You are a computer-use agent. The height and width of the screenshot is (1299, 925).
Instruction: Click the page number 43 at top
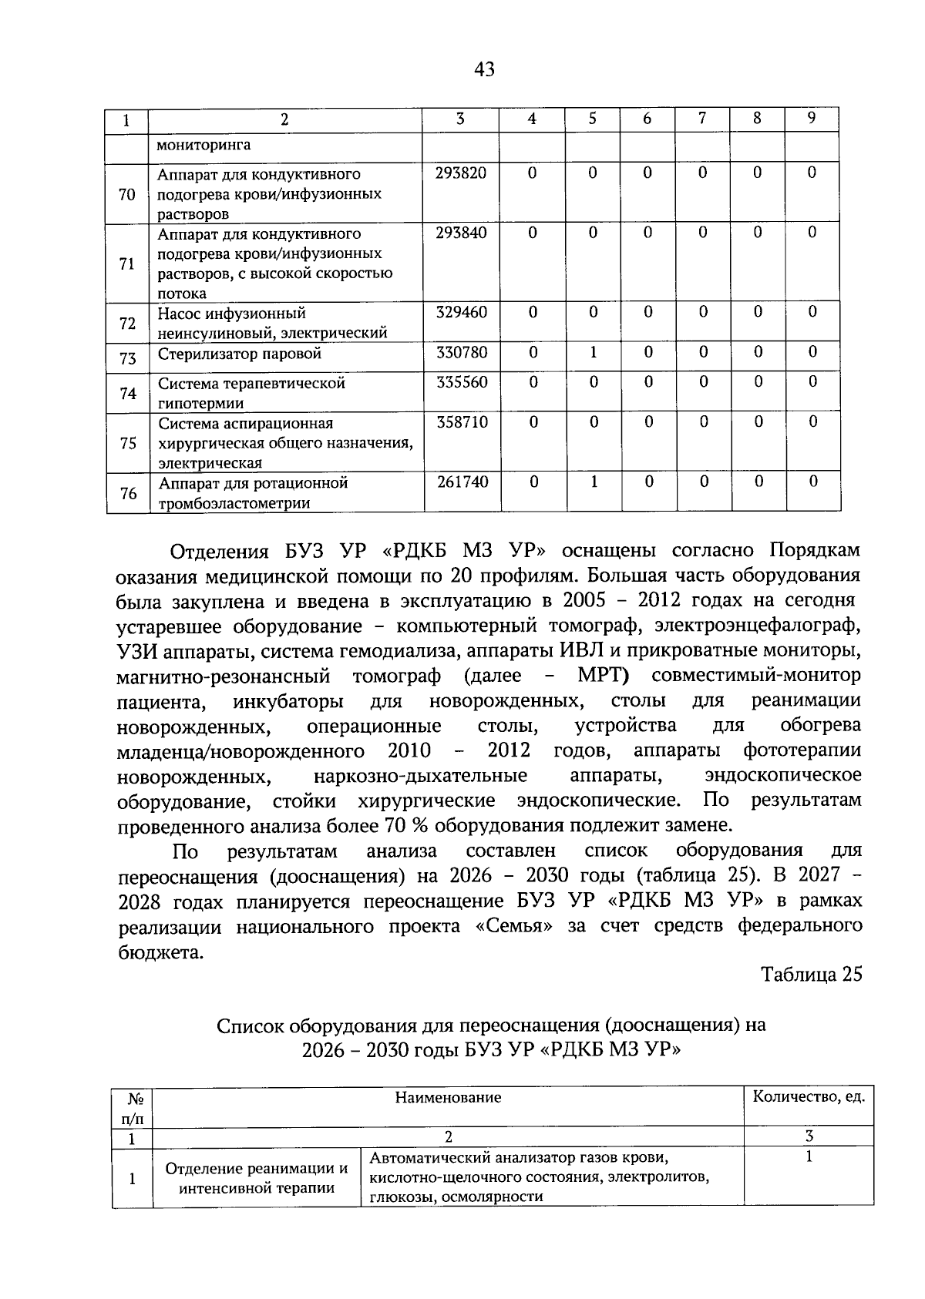(x=484, y=70)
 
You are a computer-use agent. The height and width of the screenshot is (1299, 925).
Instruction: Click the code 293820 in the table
(x=460, y=173)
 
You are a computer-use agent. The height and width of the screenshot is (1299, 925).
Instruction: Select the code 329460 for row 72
(x=461, y=313)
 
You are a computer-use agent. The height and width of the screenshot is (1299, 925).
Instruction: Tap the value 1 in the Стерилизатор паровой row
(x=593, y=353)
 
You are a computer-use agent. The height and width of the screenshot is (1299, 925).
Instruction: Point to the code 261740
(x=462, y=482)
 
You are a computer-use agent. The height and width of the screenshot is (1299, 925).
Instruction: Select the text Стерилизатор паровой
(x=239, y=354)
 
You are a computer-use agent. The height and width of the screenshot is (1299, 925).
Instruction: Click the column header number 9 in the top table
(x=811, y=119)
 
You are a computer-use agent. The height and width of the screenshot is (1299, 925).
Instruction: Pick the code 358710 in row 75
(x=462, y=423)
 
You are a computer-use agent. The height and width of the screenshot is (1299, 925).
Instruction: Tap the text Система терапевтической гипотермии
(x=251, y=393)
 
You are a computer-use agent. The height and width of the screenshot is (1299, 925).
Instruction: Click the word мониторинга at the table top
(x=203, y=145)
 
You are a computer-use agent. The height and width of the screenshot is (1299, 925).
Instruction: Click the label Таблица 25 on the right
(x=811, y=975)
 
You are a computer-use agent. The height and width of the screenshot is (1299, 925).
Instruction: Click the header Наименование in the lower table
(x=448, y=1097)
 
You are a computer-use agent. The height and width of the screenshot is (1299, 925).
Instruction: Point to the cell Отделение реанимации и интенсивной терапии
(x=257, y=1178)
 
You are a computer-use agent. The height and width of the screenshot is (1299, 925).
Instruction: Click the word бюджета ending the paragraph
(x=160, y=952)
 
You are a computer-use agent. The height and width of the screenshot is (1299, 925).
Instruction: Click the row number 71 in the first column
(x=127, y=263)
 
